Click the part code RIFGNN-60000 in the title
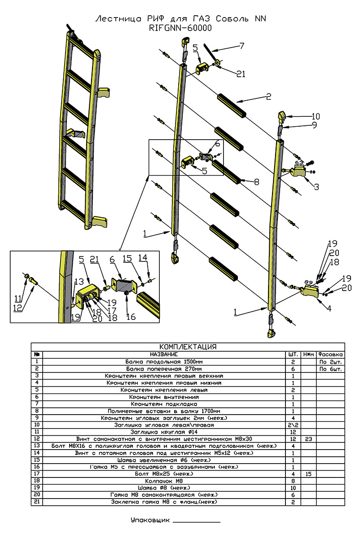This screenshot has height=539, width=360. (180, 28)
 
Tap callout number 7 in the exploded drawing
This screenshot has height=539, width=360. (241, 45)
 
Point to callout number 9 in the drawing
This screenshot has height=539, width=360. (314, 125)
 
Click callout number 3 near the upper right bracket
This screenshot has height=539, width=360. (317, 187)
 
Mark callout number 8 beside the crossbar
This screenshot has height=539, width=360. (256, 182)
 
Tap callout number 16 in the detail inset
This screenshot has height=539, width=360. (131, 317)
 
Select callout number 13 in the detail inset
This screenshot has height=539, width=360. (79, 282)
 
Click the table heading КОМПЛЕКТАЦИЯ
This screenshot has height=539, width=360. (188, 347)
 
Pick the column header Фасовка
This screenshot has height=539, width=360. (330, 354)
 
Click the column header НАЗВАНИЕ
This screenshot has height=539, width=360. (165, 354)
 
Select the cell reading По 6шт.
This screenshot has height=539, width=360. (330, 369)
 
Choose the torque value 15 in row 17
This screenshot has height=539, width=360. (308, 473)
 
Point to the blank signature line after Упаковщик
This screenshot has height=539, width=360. (196, 521)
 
